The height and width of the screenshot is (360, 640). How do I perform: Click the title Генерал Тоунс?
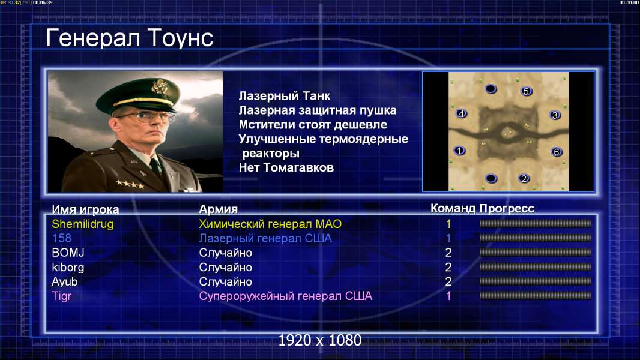[130, 38]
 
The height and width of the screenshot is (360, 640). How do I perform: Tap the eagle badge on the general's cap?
[158, 86]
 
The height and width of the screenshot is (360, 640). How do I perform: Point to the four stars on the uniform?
[130, 184]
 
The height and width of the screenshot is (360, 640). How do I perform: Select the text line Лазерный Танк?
[284, 96]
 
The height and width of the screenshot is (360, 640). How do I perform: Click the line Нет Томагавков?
[286, 167]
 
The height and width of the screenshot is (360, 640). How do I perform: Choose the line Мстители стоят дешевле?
[313, 125]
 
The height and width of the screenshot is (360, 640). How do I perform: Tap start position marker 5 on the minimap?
[526, 91]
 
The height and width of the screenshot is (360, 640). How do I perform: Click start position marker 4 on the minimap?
[461, 113]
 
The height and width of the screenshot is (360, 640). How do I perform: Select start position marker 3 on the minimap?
[555, 115]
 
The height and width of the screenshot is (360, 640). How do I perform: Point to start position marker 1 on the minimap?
[459, 151]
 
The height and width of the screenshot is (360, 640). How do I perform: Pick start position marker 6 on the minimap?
[557, 152]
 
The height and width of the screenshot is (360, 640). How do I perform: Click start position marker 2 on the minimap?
[524, 178]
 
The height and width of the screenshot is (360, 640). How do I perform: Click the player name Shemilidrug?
[82, 224]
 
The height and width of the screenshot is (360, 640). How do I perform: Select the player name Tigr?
[62, 296]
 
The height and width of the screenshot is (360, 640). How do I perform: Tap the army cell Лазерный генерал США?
[265, 238]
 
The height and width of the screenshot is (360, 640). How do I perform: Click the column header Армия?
[219, 209]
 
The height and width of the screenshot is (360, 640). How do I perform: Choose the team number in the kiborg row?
[448, 268]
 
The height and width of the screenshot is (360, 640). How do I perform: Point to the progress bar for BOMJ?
[536, 253]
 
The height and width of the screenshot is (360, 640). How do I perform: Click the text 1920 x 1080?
[320, 340]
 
